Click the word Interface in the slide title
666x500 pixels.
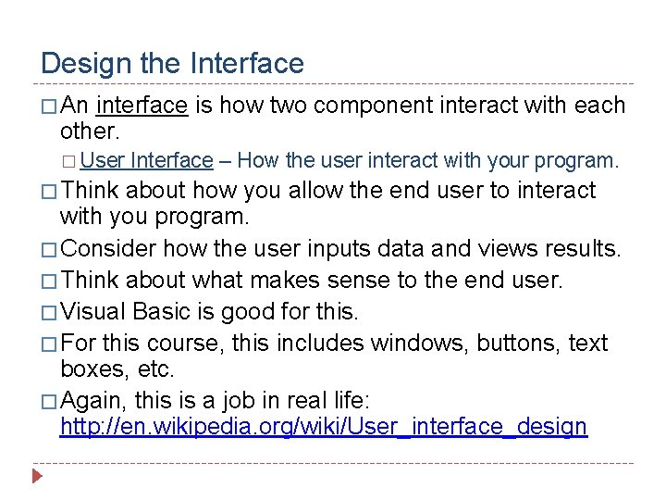(x=246, y=64)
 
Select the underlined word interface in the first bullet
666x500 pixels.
(x=142, y=106)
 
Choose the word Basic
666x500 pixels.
(x=164, y=311)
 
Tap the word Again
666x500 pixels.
(x=94, y=400)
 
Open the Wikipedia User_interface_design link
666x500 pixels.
(x=323, y=426)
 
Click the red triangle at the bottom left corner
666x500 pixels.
(x=37, y=478)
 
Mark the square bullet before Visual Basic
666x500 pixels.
(x=49, y=312)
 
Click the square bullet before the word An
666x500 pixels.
(x=49, y=106)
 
